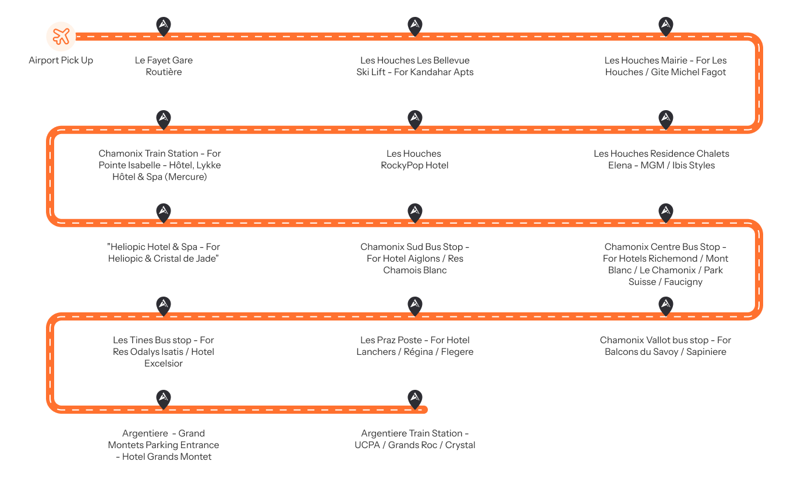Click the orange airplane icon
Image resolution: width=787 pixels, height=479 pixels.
point(61,36)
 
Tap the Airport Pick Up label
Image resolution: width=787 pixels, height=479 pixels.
point(61,60)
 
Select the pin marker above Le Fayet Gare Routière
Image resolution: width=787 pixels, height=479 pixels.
point(164,26)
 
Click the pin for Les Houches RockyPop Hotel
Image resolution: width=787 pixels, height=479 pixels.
point(414,119)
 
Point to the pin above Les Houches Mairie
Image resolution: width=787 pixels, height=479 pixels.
point(666,26)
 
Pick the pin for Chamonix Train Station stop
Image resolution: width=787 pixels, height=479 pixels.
point(164,119)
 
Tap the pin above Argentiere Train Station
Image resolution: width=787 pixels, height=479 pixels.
point(414,399)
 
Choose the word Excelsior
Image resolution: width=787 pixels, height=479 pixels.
point(164,363)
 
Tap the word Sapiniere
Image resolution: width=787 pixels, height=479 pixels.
point(707,352)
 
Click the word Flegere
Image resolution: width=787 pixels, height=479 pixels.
point(457,352)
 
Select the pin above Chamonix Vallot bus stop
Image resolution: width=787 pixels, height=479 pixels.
point(666,305)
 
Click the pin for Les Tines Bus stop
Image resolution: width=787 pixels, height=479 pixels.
point(164,305)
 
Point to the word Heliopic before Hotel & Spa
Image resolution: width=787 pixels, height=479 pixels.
point(127,246)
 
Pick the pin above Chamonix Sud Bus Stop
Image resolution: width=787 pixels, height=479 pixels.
point(414,212)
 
